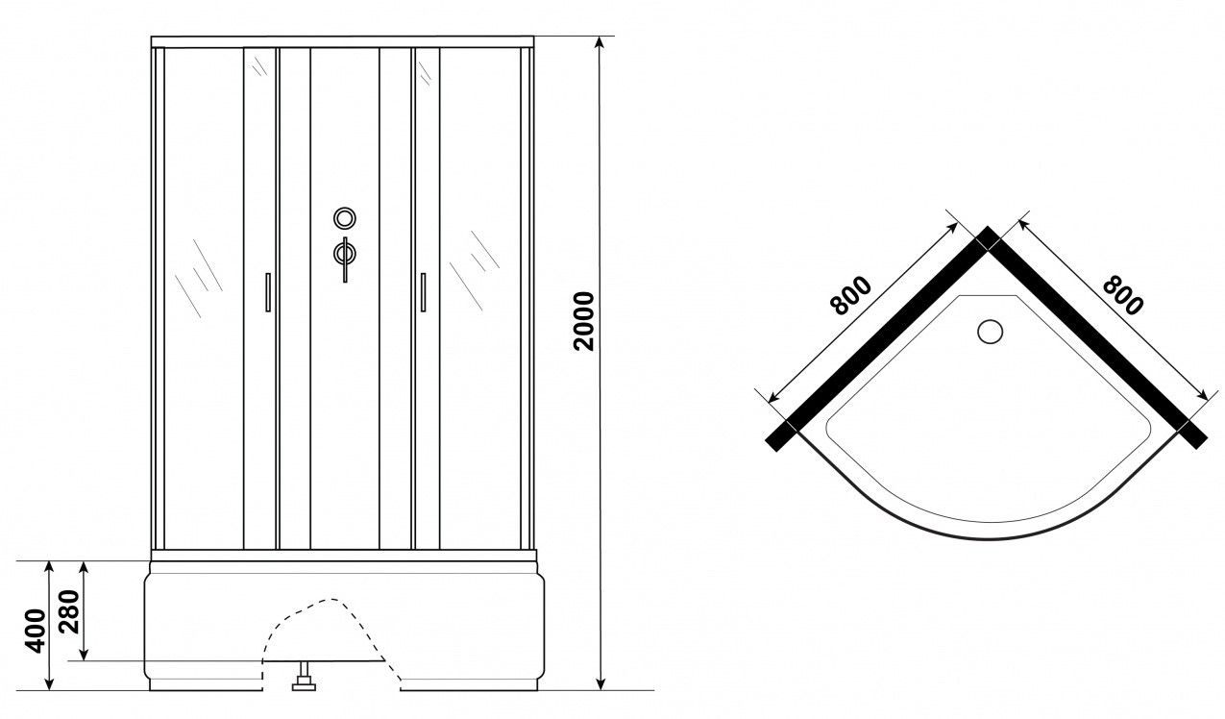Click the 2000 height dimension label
tap(584, 321)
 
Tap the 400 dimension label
tap(36, 631)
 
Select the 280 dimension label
tap(69, 611)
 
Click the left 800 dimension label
tap(850, 296)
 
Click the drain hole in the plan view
tap(990, 332)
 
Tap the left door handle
tap(268, 292)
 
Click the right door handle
tap(423, 292)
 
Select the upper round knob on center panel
tap(345, 218)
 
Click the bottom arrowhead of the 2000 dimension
tap(600, 684)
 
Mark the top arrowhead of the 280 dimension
tap(84, 566)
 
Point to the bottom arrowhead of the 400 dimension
tap(49, 684)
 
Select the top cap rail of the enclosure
tap(342, 42)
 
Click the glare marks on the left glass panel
tap(198, 279)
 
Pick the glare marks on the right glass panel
tap(474, 270)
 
